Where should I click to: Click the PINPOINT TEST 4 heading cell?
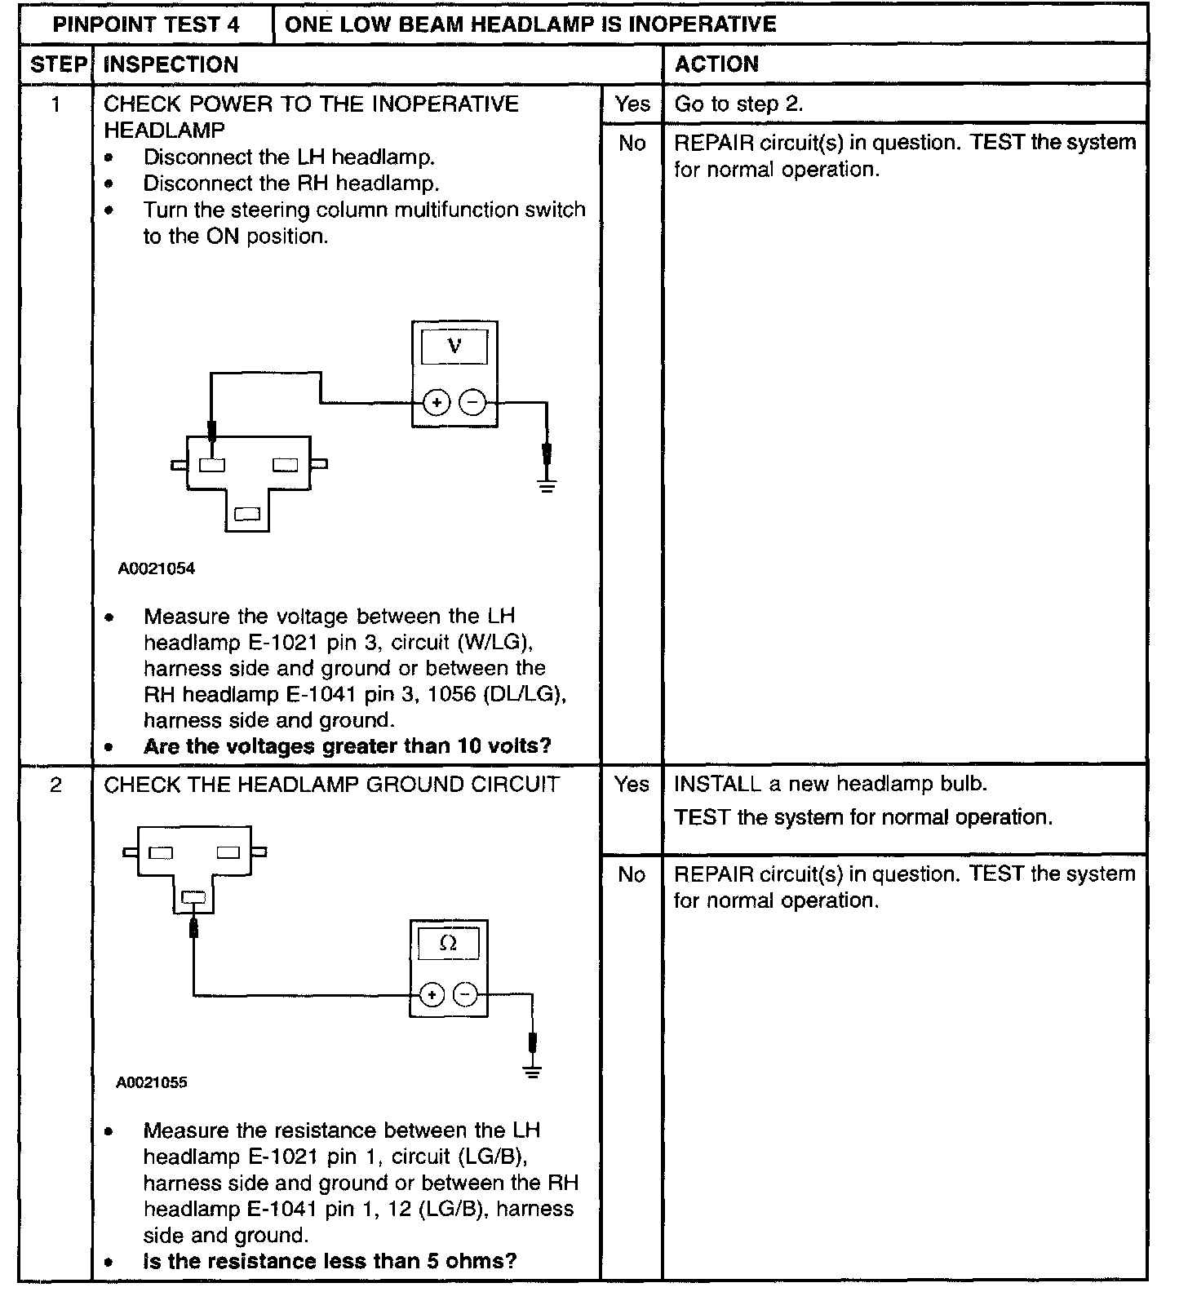(146, 24)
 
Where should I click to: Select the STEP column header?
(56, 64)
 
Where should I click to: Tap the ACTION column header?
(716, 64)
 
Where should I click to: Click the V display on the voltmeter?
(454, 347)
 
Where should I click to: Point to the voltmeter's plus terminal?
(437, 402)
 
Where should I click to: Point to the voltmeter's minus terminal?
(472, 402)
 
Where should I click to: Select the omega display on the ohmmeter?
(448, 944)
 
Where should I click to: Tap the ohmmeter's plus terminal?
(431, 994)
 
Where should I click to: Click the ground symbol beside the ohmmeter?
(532, 1072)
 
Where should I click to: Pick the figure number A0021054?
(157, 568)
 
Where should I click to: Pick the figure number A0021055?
(152, 1082)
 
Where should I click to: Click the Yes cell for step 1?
(632, 104)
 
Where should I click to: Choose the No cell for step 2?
(632, 874)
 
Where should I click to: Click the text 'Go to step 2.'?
(738, 104)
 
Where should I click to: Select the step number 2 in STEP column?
(55, 785)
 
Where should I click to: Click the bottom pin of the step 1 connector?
(246, 514)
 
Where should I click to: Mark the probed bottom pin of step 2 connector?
(193, 898)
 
